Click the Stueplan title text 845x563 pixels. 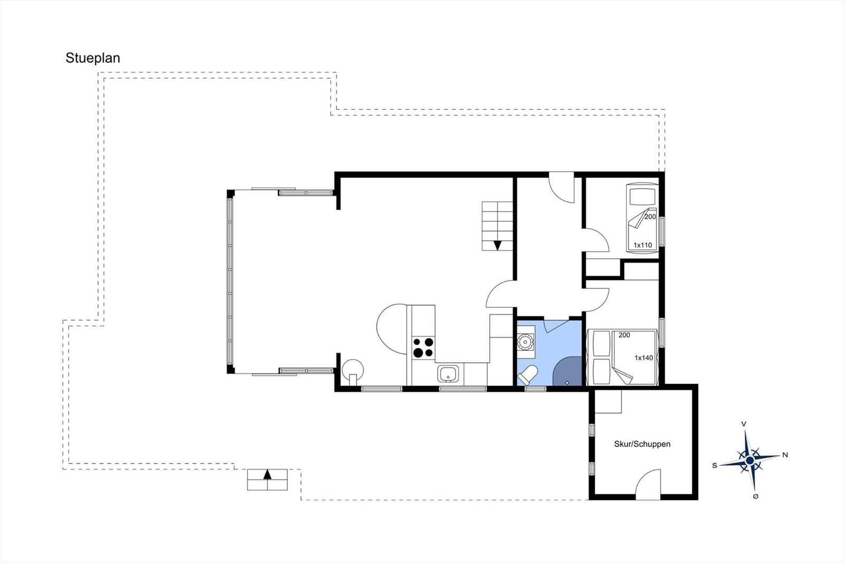click(92, 58)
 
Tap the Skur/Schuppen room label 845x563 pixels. click(642, 444)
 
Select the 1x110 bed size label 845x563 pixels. click(643, 245)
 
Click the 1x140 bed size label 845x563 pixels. click(644, 358)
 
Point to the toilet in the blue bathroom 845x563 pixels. click(528, 375)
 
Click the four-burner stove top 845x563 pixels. click(423, 348)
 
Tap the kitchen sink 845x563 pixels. click(449, 374)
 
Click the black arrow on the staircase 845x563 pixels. click(497, 245)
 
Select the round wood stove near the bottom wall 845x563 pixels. click(353, 368)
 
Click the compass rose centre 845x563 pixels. click(749, 461)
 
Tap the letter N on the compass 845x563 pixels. click(785, 455)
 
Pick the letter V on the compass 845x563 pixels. click(744, 424)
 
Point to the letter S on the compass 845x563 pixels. click(715, 465)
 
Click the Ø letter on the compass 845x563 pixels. click(756, 496)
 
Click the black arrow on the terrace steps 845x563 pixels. click(267, 474)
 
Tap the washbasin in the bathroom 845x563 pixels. click(525, 342)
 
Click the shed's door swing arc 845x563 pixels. click(647, 483)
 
